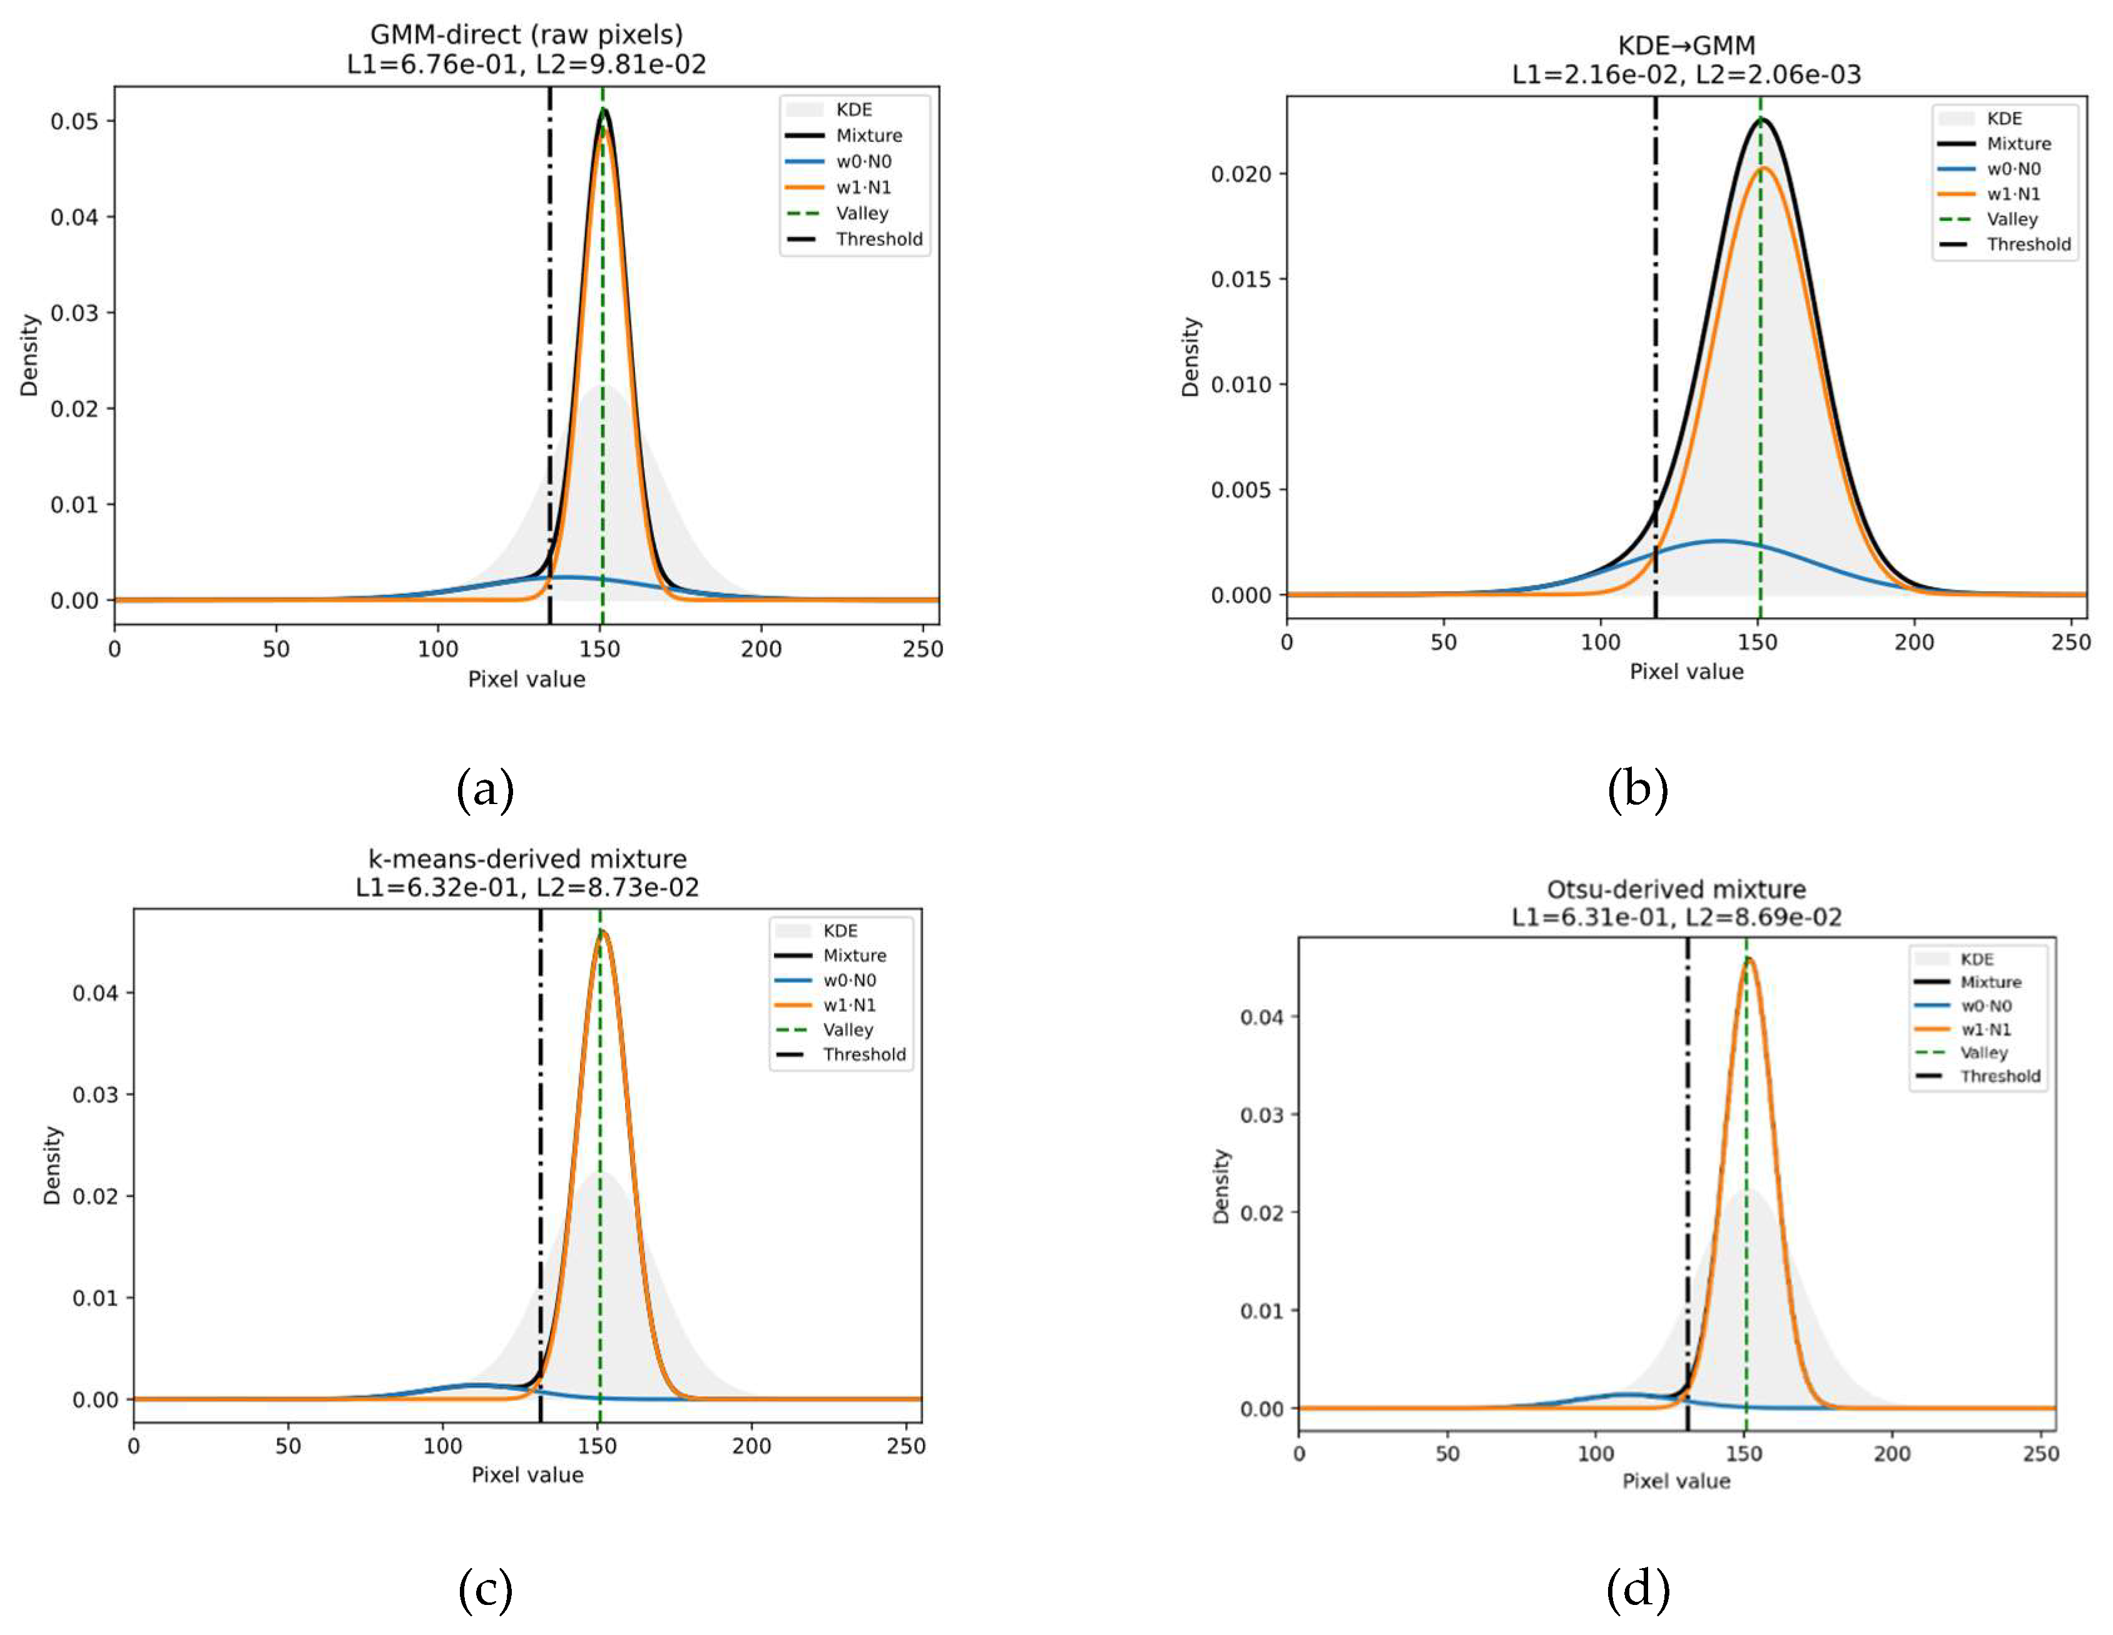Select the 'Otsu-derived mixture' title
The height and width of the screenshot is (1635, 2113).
[x=1676, y=889]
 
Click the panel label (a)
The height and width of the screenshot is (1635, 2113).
[x=485, y=790]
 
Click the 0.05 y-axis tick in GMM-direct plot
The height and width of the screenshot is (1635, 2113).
[x=76, y=121]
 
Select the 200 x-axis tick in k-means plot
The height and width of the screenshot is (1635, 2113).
[x=751, y=1447]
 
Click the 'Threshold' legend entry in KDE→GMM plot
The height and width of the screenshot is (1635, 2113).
[x=2029, y=245]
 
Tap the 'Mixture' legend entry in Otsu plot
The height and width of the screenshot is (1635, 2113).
[x=1990, y=982]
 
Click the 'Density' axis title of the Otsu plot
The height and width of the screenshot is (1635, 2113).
[x=1221, y=1187]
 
